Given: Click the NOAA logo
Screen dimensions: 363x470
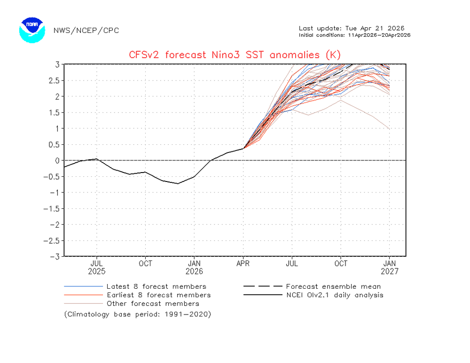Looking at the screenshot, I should pos(32,30).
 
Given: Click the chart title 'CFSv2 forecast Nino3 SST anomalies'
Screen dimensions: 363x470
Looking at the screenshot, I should pos(235,55).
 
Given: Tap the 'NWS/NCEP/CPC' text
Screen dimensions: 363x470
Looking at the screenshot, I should pos(86,31).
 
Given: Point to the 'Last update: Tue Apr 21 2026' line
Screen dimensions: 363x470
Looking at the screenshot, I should pos(352,28).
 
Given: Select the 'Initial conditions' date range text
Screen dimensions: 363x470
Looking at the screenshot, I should pos(355,35).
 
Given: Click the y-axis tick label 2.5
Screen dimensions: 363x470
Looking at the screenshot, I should pos(55,80).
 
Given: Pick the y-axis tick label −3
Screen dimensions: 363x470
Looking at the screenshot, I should pos(55,257).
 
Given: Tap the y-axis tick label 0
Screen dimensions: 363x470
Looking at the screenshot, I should pos(57,161).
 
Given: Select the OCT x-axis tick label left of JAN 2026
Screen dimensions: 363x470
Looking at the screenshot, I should pos(145,264).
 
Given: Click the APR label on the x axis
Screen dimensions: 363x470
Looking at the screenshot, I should pos(243,264).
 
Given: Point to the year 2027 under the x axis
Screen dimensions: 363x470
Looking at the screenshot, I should pos(390,271).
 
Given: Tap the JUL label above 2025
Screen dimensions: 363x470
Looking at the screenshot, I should pos(96,264).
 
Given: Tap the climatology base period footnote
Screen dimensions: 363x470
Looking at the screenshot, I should pos(138,314).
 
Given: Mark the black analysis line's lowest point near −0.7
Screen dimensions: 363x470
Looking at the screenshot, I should pos(178,183).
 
